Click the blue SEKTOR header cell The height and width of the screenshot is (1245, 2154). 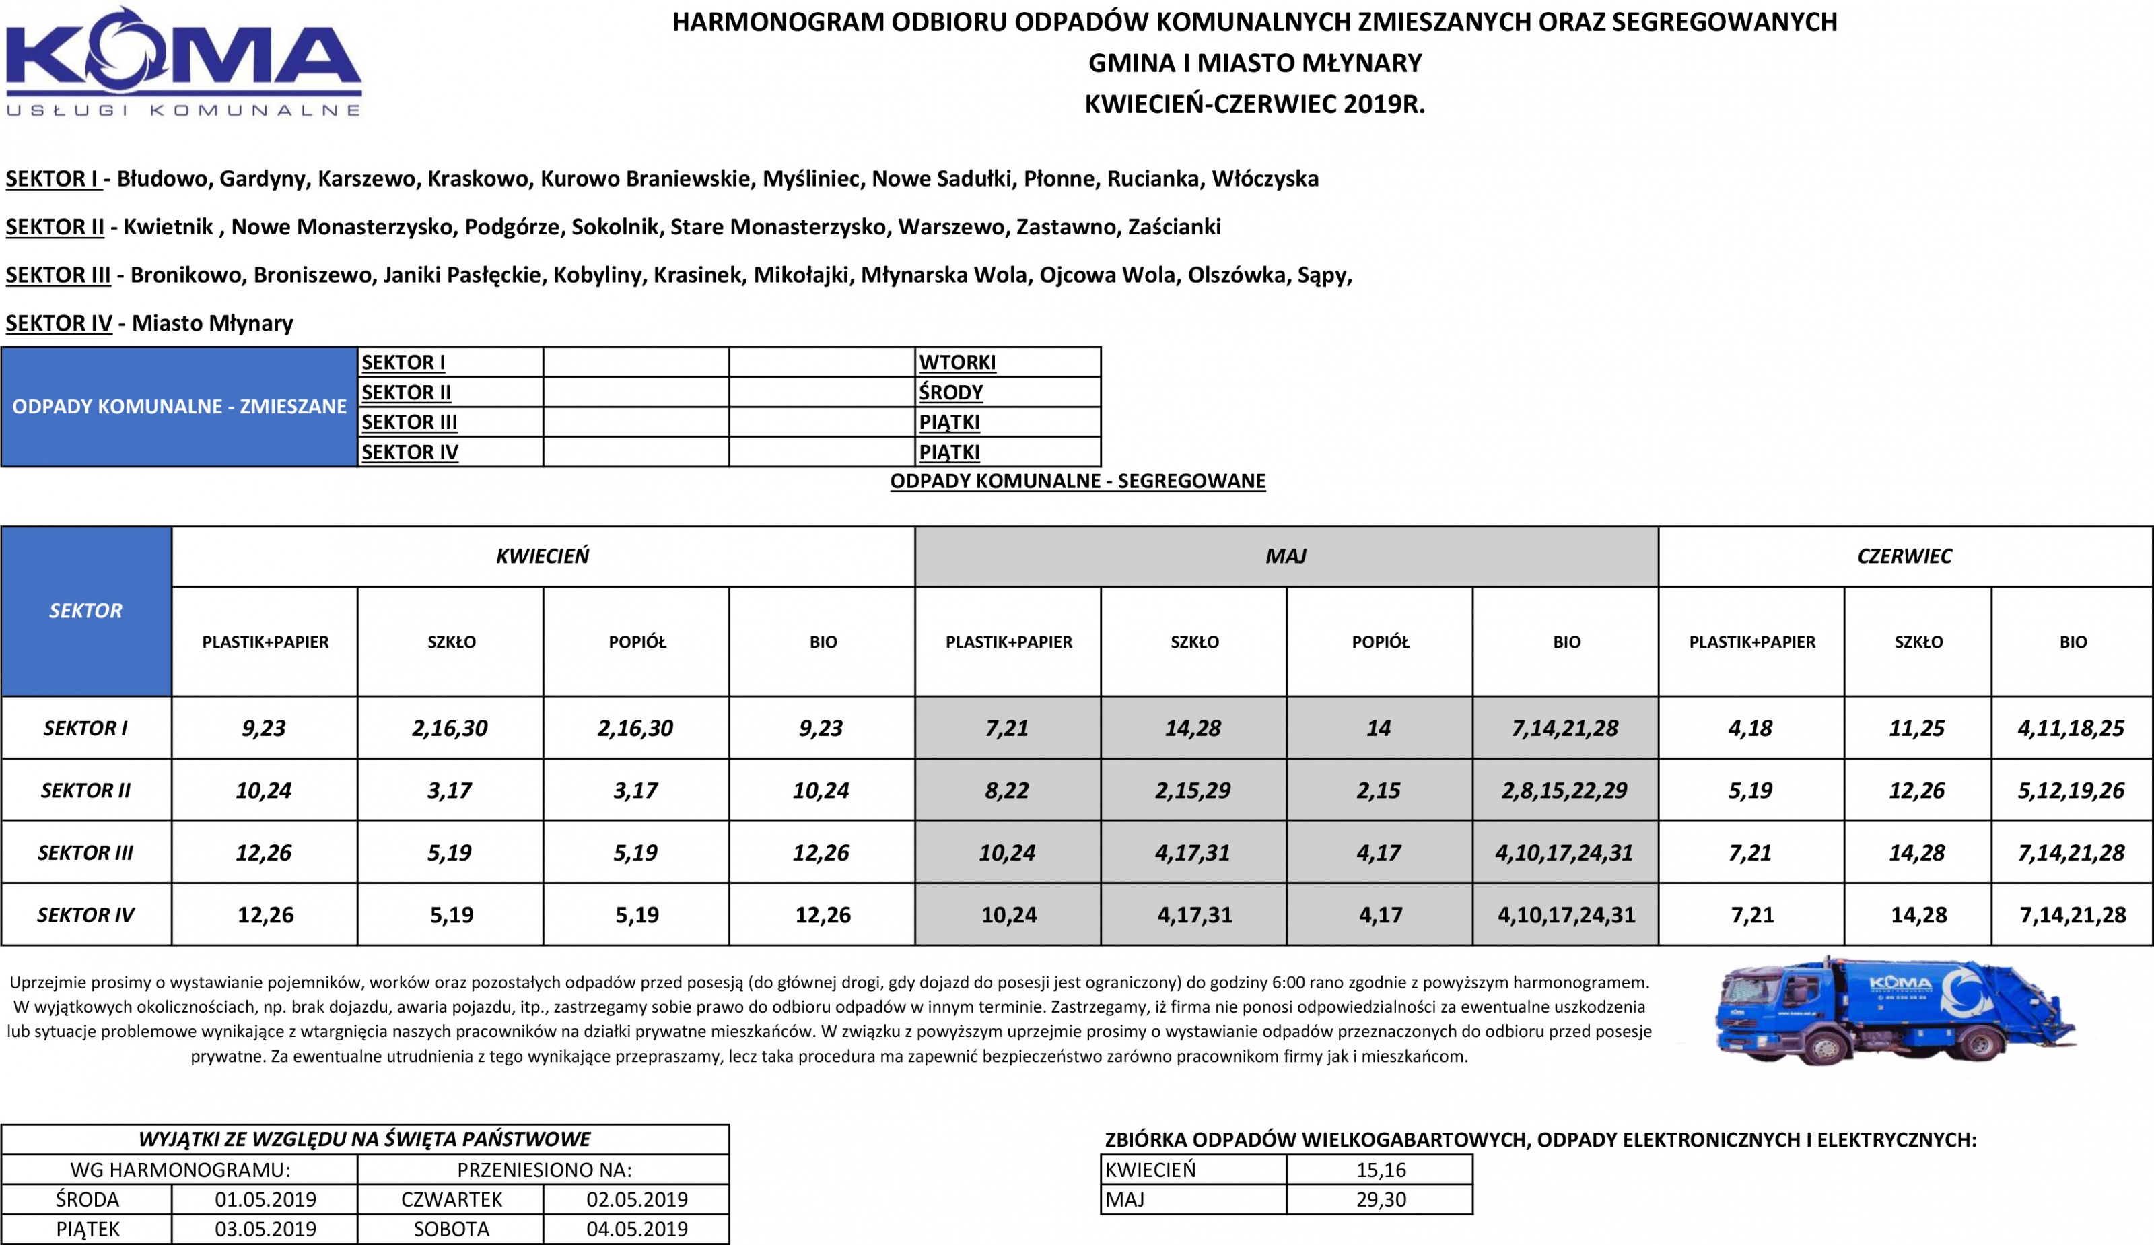85,611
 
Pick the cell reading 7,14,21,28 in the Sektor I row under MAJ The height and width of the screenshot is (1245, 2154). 1564,729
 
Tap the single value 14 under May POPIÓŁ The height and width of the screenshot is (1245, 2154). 1378,729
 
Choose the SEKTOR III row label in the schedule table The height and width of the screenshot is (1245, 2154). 85,852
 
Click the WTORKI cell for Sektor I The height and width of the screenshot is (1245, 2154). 957,362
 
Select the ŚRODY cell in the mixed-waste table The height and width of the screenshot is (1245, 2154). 950,393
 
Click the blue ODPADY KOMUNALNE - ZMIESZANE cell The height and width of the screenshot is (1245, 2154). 178,407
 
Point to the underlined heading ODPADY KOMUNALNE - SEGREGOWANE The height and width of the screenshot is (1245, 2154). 1077,481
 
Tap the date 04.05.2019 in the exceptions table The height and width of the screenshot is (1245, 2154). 637,1230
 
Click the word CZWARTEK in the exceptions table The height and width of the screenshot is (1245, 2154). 451,1200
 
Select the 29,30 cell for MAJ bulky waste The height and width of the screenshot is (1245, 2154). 1381,1200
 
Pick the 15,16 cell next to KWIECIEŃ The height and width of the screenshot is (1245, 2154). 1381,1170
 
